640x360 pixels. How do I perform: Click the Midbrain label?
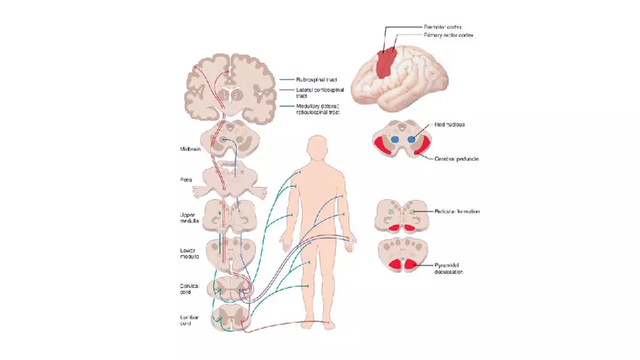click(x=191, y=149)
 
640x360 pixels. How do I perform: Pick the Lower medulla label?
click(x=191, y=254)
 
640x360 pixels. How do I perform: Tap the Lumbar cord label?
click(x=191, y=321)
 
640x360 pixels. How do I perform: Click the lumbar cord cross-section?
click(x=230, y=319)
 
